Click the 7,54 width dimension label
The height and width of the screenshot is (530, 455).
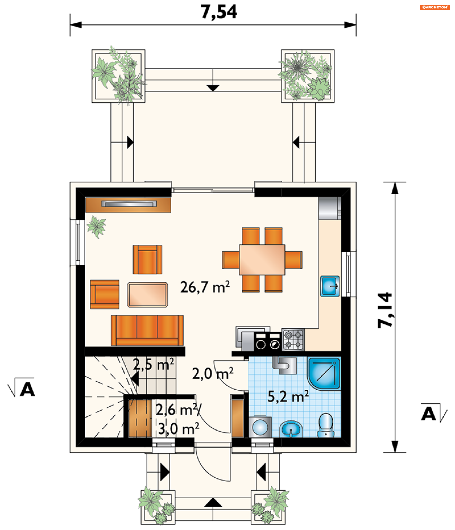(x=218, y=12)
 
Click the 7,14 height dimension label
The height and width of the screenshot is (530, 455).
(x=385, y=310)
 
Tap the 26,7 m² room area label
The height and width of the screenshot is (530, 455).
(x=205, y=287)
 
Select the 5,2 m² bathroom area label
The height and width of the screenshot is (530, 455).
(x=288, y=396)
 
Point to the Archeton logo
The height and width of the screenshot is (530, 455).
(x=435, y=7)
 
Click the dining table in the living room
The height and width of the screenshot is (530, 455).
(x=262, y=260)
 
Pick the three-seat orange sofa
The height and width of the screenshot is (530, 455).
(x=147, y=330)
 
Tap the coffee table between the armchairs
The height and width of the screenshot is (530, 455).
(x=147, y=295)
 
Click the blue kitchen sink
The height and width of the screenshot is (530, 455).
(x=330, y=286)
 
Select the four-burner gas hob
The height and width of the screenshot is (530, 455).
(x=293, y=340)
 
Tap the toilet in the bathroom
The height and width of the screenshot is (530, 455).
(x=326, y=426)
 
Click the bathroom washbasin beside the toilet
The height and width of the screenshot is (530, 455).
(x=291, y=429)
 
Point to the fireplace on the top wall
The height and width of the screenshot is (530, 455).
(x=128, y=205)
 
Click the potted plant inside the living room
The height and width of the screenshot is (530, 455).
(x=96, y=226)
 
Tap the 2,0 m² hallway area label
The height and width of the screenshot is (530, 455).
(x=213, y=374)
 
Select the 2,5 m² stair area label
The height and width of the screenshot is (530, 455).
(x=153, y=364)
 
